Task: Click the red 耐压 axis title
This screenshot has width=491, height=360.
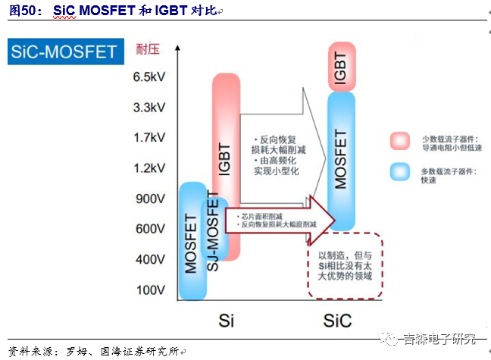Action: [149, 50]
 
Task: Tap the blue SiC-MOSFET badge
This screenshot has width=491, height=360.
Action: [64, 52]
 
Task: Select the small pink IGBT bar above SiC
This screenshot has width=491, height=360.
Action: [342, 67]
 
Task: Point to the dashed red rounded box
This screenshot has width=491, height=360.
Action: [345, 266]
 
